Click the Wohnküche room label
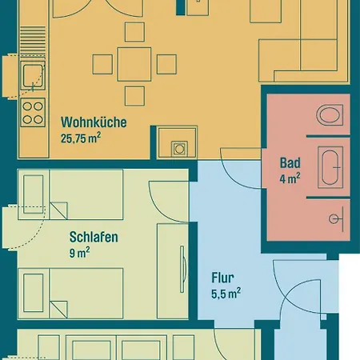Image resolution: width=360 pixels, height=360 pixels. pos(94,122)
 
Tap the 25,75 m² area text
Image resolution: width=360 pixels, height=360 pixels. pos(81,138)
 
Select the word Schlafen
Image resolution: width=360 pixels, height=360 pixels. pos(94,237)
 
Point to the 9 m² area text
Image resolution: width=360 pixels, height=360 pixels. pos(79,253)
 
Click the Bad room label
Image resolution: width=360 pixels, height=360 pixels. pos(290,162)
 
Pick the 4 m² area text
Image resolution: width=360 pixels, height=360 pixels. pos(290,178)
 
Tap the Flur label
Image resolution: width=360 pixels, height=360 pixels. pos(222,278)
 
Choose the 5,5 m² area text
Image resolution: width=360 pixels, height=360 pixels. pos(226,293)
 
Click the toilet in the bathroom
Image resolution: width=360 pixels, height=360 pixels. pos(330,114)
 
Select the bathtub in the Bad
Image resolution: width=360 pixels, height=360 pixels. pos(330,167)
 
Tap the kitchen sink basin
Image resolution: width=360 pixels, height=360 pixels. pos(33,76)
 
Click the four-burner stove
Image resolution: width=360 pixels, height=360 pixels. pos(33,113)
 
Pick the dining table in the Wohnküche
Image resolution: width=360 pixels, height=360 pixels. pos(134,64)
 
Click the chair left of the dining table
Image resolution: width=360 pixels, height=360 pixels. pos(102,64)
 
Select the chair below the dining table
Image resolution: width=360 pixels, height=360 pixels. pos(134,96)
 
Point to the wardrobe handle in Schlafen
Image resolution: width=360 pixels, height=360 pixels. pos(182,270)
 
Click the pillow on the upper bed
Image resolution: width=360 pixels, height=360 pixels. pos(34,194)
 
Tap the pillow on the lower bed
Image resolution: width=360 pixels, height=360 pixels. pos(34,293)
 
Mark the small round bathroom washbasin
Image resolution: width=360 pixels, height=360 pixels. pos(334,219)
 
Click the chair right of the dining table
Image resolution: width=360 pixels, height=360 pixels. pos(166,64)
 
